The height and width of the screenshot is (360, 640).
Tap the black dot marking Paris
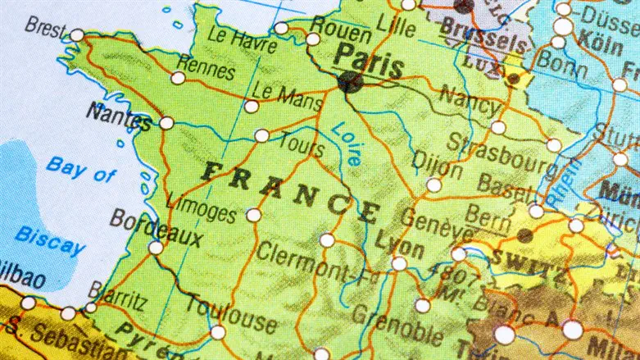pos(349,81)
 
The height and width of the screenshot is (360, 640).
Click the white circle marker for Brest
pos(77,35)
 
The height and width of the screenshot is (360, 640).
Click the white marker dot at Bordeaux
pos(156,247)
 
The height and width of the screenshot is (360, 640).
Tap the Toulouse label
pos(230,311)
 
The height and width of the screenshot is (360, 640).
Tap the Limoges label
pos(200,204)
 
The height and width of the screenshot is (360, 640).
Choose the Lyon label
pos(400,245)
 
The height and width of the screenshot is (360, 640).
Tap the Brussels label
pos(483,34)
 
